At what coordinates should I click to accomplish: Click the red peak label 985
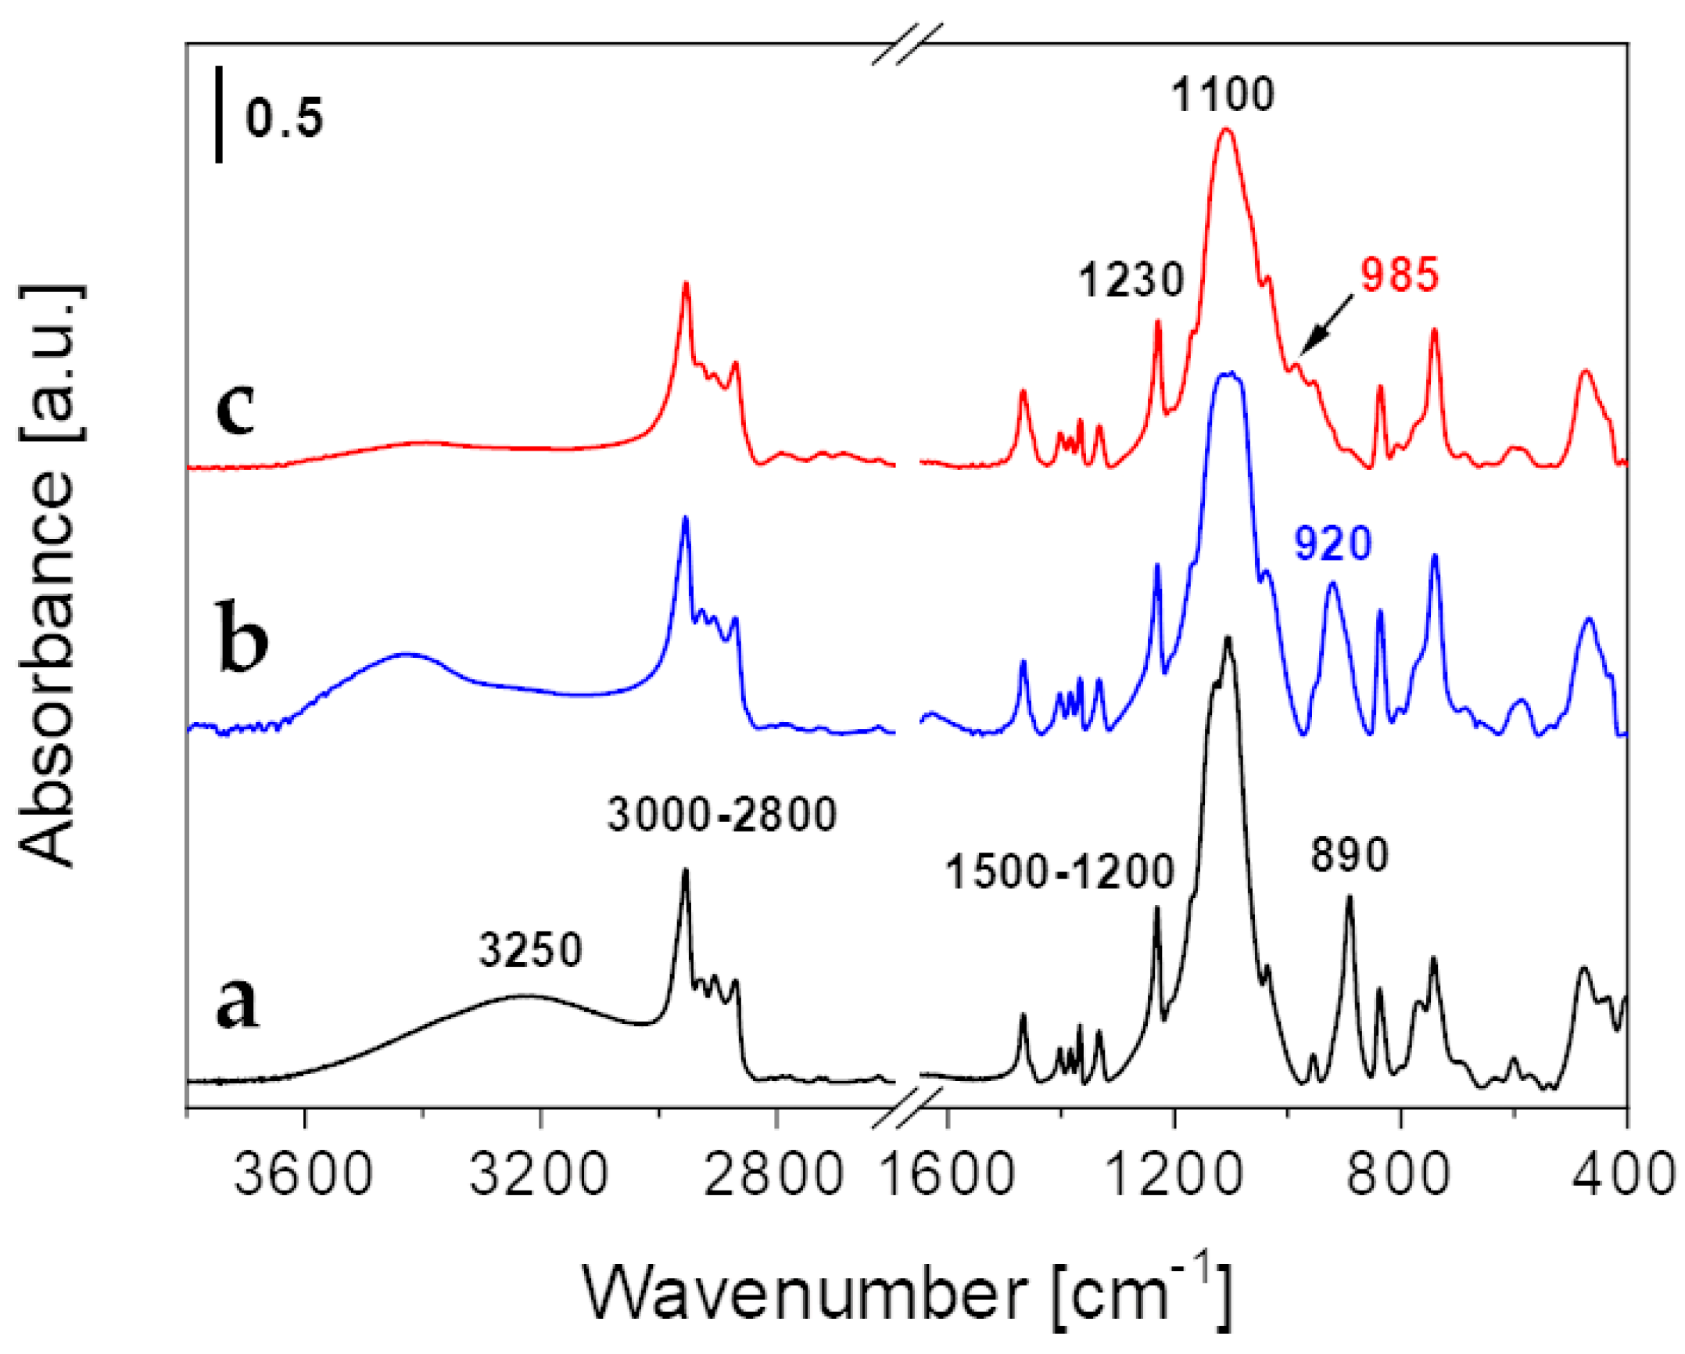1400,275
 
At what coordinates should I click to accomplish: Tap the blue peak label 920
1332,544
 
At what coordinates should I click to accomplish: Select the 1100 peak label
1222,95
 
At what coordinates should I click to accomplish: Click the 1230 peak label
1131,280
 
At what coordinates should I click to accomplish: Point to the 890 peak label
1350,854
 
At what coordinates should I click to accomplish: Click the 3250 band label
531,951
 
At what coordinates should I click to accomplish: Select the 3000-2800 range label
722,814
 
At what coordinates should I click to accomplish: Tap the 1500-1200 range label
1059,871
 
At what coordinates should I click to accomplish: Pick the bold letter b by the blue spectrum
243,635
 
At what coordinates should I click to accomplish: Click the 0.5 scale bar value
284,118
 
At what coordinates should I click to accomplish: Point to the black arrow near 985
1328,323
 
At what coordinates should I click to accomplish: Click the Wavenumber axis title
907,1291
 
